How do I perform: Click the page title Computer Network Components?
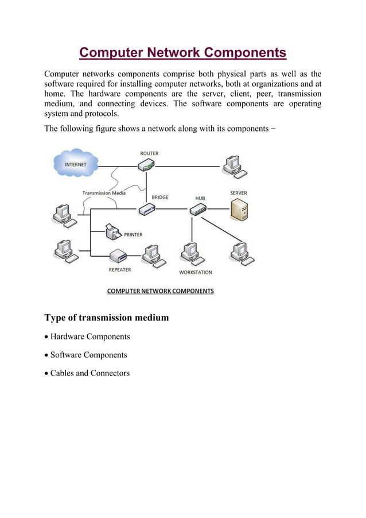[182, 53]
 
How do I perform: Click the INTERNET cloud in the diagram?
[76, 164]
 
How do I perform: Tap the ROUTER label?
[149, 153]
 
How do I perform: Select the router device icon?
[146, 166]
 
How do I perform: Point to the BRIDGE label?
[160, 197]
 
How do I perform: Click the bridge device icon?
[146, 210]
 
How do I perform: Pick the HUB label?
[200, 198]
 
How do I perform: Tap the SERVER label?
[239, 193]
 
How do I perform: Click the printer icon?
[113, 232]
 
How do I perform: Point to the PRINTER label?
[133, 234]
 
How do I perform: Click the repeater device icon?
[118, 255]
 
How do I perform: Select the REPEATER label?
[120, 269]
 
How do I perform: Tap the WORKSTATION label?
[196, 272]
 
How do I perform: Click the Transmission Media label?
[104, 193]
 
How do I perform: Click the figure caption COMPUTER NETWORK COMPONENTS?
[161, 291]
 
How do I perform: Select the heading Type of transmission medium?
[107, 318]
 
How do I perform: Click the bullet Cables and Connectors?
[90, 373]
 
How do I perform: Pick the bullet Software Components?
[89, 355]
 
